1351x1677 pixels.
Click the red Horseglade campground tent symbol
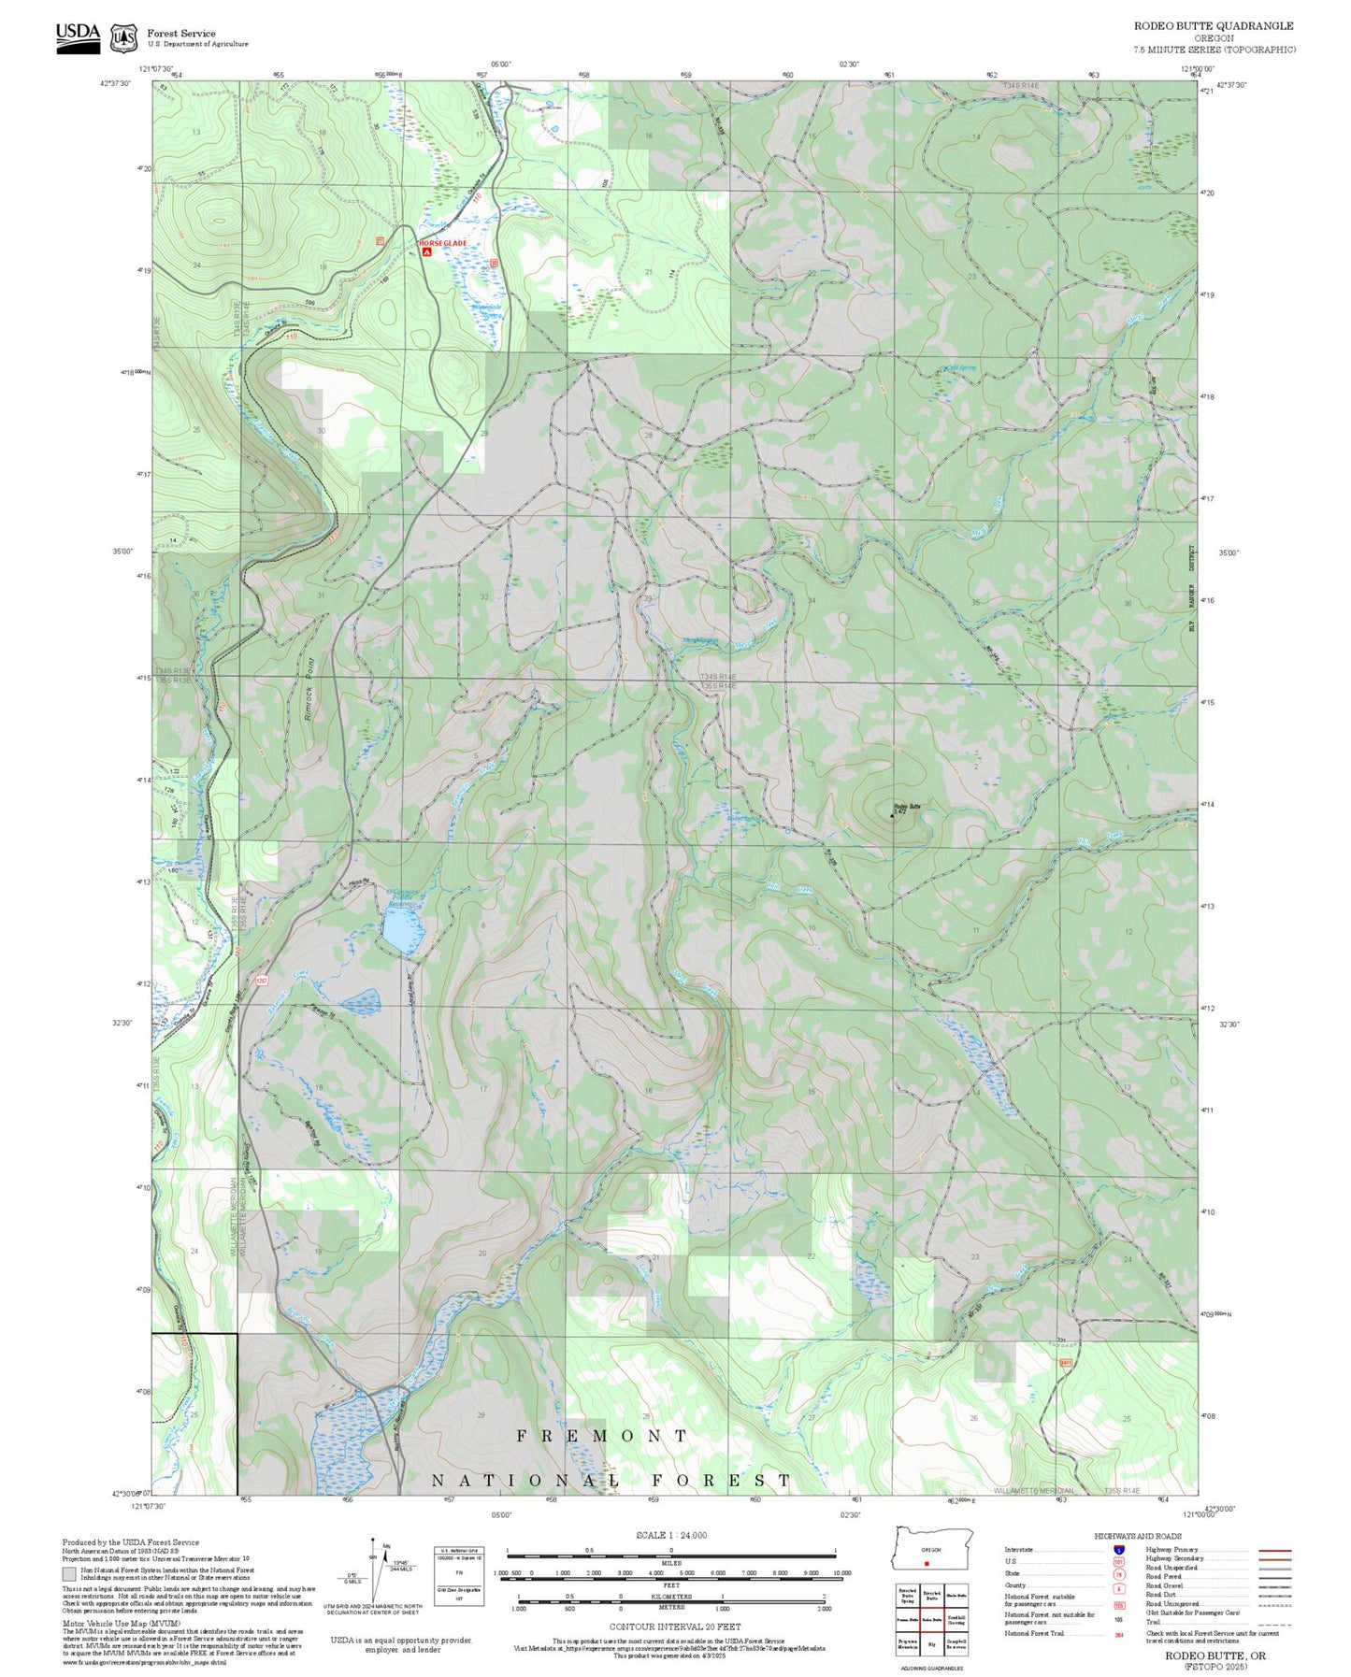426,251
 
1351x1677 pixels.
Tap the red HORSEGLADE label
443,243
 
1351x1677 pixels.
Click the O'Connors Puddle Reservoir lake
402,931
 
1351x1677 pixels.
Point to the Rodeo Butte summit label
907,806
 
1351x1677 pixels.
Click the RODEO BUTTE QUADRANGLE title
1214,26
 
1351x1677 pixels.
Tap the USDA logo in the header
78,36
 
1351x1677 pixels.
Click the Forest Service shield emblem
123,37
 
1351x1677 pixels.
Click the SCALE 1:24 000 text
670,1535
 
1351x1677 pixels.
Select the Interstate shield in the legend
1118,1550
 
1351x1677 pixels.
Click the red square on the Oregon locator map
926,1563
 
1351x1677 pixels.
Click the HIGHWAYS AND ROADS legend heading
1138,1536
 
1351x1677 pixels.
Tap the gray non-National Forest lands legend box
69,1573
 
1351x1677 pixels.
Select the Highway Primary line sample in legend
1275,1550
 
